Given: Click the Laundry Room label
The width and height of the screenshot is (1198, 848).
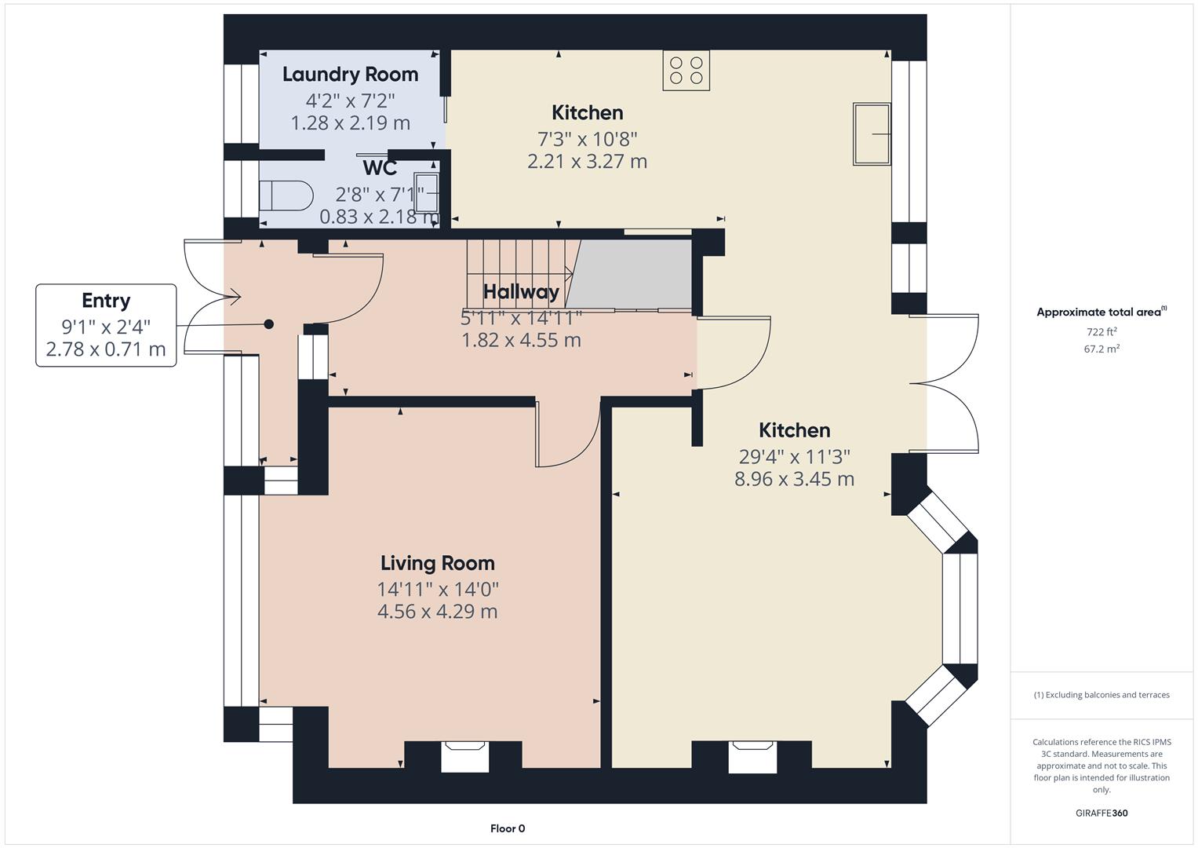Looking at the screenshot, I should click(x=350, y=75).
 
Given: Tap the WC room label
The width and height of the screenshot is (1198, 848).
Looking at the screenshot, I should click(x=380, y=168).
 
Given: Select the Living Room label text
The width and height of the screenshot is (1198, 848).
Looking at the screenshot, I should click(x=437, y=563).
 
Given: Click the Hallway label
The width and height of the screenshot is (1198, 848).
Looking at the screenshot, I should click(x=521, y=292).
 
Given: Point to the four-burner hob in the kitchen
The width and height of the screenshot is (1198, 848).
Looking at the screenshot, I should click(x=686, y=70).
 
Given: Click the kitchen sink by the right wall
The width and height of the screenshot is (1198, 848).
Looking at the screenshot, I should click(x=872, y=134).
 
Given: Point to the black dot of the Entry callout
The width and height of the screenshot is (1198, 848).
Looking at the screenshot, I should click(x=269, y=324).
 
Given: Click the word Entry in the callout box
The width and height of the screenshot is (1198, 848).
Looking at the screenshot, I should click(x=106, y=301).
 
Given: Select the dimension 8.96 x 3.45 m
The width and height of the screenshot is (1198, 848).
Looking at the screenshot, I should click(x=794, y=479).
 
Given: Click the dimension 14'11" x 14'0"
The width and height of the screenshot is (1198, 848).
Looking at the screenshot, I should click(x=437, y=589).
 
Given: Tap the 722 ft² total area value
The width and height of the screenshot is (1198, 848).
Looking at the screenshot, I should click(x=1102, y=332).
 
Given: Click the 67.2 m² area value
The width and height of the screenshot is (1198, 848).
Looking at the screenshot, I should click(x=1102, y=349).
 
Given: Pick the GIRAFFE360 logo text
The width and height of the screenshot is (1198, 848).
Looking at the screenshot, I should click(x=1102, y=813).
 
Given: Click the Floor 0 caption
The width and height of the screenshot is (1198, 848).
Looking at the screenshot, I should click(x=508, y=828).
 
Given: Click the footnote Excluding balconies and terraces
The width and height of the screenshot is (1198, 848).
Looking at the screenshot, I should click(x=1102, y=695).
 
